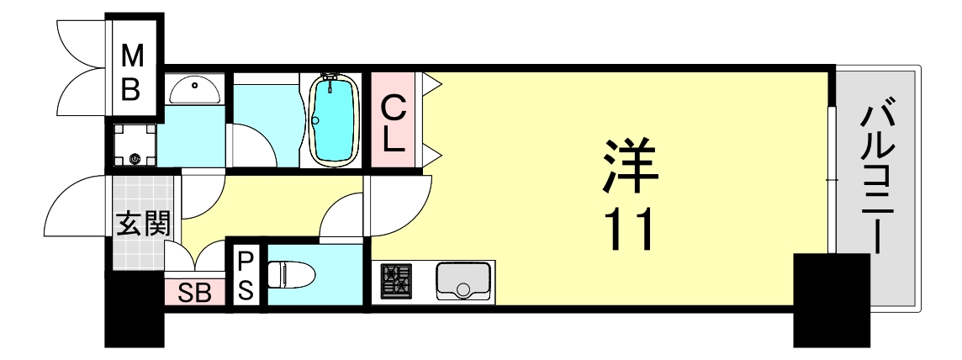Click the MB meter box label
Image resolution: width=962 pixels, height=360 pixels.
tap(133, 72)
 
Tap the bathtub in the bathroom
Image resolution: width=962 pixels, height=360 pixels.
tap(335, 119)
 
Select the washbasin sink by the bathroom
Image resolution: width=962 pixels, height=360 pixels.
tap(195, 87)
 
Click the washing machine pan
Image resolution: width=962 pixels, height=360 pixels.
tap(135, 146)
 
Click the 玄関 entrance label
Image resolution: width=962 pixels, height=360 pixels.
tap(143, 224)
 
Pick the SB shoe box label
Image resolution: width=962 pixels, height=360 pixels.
tap(195, 294)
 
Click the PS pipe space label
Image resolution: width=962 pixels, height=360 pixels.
tap(246, 275)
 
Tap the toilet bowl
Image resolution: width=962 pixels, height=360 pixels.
tap(291, 274)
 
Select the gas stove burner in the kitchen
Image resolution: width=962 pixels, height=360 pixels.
tap(397, 280)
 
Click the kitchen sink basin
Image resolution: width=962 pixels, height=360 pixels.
tap(462, 280)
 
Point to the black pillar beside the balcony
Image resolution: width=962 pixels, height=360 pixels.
tap(831, 299)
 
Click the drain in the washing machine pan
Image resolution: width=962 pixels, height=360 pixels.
tap(135, 157)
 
